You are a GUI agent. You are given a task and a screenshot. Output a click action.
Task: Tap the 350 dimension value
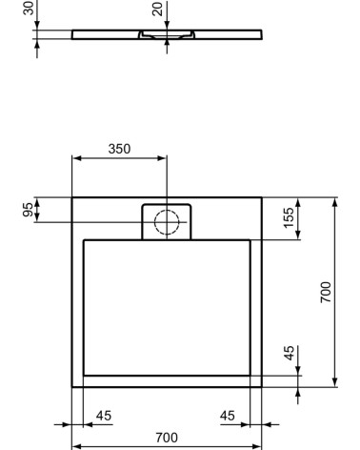coord(119,149)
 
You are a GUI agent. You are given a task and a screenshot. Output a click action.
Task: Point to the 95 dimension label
coord(29,209)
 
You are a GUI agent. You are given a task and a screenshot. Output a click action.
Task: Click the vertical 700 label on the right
coord(327,292)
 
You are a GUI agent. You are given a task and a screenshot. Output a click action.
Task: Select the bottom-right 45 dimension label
coord(228,415)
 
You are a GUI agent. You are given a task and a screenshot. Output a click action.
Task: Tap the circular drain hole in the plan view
coord(167,221)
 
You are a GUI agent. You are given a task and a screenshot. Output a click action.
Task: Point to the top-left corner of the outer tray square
coord(72,197)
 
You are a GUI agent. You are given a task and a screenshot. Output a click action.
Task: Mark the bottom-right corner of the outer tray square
coord(262,387)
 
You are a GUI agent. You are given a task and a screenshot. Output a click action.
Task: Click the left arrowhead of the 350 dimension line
coord(75,159)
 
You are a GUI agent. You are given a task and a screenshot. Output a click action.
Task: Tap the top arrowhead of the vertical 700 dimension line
coord(335,200)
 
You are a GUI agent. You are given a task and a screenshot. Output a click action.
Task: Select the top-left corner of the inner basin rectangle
coord(84,240)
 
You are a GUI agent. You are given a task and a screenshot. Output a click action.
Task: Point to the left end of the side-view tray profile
coord(73,34)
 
